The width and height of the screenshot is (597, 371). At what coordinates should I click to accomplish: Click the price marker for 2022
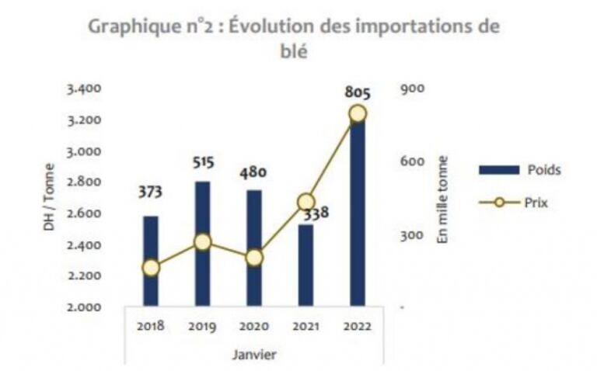(x=357, y=114)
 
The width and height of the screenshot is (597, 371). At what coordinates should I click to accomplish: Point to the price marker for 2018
(x=151, y=268)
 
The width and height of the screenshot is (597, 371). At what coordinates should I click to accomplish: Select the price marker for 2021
(x=305, y=203)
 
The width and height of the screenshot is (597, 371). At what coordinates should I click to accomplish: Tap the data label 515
(x=203, y=163)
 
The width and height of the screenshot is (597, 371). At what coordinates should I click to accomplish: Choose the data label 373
(x=151, y=192)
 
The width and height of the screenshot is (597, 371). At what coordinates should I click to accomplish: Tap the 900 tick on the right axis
(x=410, y=88)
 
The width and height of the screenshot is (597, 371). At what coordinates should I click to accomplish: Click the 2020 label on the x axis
(x=254, y=327)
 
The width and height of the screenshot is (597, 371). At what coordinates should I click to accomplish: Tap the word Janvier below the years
(x=253, y=355)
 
